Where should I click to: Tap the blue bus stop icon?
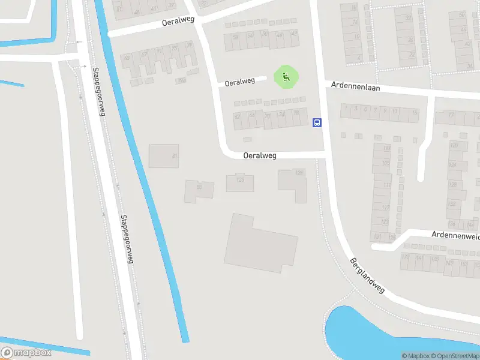pos(317,123)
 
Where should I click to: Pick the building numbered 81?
pos(164,155)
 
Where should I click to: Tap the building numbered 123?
pos(240,182)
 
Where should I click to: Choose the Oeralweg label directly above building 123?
pos(260,155)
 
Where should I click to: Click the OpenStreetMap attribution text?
pos(455,356)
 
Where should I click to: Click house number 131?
pos(377,237)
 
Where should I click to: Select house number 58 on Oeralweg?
pos(236,37)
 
